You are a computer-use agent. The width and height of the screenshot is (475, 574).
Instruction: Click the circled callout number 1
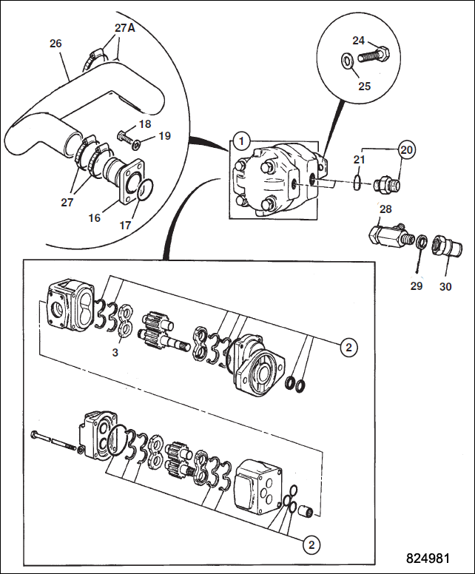241,141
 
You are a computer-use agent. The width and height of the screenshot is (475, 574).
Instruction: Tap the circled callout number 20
406,149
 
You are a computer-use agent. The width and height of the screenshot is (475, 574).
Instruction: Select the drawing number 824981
428,558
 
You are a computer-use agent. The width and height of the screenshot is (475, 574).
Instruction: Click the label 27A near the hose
124,28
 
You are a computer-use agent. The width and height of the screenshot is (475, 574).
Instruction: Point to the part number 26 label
55,44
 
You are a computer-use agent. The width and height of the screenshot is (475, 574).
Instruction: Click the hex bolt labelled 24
373,55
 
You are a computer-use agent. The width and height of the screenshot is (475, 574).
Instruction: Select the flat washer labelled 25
347,61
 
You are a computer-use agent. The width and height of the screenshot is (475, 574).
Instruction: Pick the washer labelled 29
422,242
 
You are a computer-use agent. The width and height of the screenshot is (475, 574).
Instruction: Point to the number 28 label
385,209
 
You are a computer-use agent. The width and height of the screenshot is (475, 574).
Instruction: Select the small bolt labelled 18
125,138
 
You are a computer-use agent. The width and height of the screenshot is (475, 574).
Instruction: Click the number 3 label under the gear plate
115,353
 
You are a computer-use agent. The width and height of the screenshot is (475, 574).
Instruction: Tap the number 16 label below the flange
95,218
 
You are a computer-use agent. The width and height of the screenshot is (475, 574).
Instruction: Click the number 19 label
165,136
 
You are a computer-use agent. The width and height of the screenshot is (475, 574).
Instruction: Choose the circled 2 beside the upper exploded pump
348,347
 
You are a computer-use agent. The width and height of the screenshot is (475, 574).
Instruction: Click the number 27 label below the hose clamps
67,202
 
